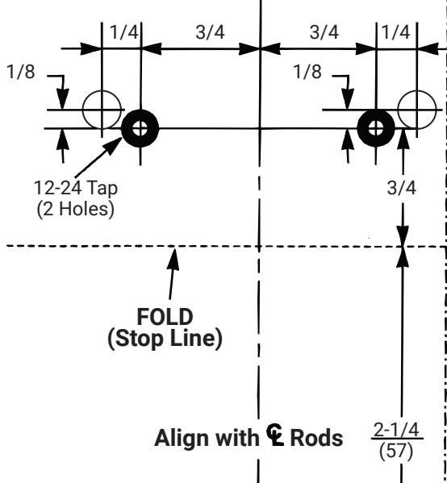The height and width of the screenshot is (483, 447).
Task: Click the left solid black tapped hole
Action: point(140,128)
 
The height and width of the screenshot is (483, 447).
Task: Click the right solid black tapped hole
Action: point(376,128)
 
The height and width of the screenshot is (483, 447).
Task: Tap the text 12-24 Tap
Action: point(76,188)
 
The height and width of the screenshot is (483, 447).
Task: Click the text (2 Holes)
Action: point(76,209)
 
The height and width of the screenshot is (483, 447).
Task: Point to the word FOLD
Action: point(165,317)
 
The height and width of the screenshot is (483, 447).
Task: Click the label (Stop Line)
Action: point(165,339)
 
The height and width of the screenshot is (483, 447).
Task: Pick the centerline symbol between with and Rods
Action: point(275,435)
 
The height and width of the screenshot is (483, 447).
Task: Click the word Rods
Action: point(316,438)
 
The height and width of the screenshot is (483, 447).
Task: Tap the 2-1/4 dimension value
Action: point(396,430)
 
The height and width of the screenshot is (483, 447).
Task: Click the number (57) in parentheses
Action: point(396,452)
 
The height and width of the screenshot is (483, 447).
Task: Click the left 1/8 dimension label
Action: point(21,72)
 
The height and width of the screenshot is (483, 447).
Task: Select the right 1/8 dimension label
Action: point(307,72)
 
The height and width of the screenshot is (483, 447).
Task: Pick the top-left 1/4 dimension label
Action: point(124,32)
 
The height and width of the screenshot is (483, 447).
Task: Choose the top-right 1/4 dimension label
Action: point(396,32)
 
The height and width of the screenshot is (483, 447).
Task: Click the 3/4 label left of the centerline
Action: point(211,32)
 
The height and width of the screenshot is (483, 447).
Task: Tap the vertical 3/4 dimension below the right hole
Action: point(402,188)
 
